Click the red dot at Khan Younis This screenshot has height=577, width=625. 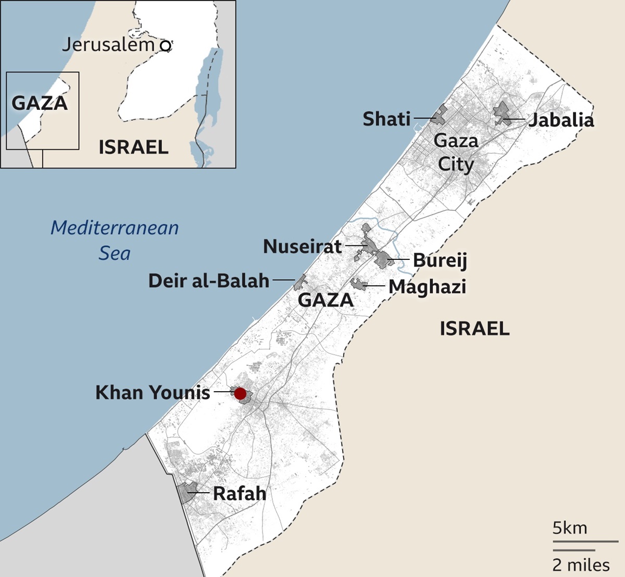click(240, 394)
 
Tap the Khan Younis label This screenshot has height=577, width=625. click(153, 392)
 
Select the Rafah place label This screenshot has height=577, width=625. click(240, 493)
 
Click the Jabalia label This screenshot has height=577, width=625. click(561, 120)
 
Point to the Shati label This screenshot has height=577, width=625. click(387, 119)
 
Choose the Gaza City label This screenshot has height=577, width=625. click(456, 152)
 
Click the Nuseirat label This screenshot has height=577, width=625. click(303, 246)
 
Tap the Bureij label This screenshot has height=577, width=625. click(440, 260)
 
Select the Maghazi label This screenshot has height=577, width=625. click(427, 286)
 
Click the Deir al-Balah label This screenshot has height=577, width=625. click(209, 281)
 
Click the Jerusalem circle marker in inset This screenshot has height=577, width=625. click(166, 46)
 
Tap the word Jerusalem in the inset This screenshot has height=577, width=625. click(108, 45)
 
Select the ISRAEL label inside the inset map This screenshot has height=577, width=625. click(133, 147)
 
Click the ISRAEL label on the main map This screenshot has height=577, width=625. click(474, 329)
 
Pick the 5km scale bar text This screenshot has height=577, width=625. click(569, 528)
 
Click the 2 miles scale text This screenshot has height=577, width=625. click(581, 565)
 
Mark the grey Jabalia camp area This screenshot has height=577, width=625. click(502, 112)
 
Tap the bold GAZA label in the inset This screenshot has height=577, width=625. click(40, 103)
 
